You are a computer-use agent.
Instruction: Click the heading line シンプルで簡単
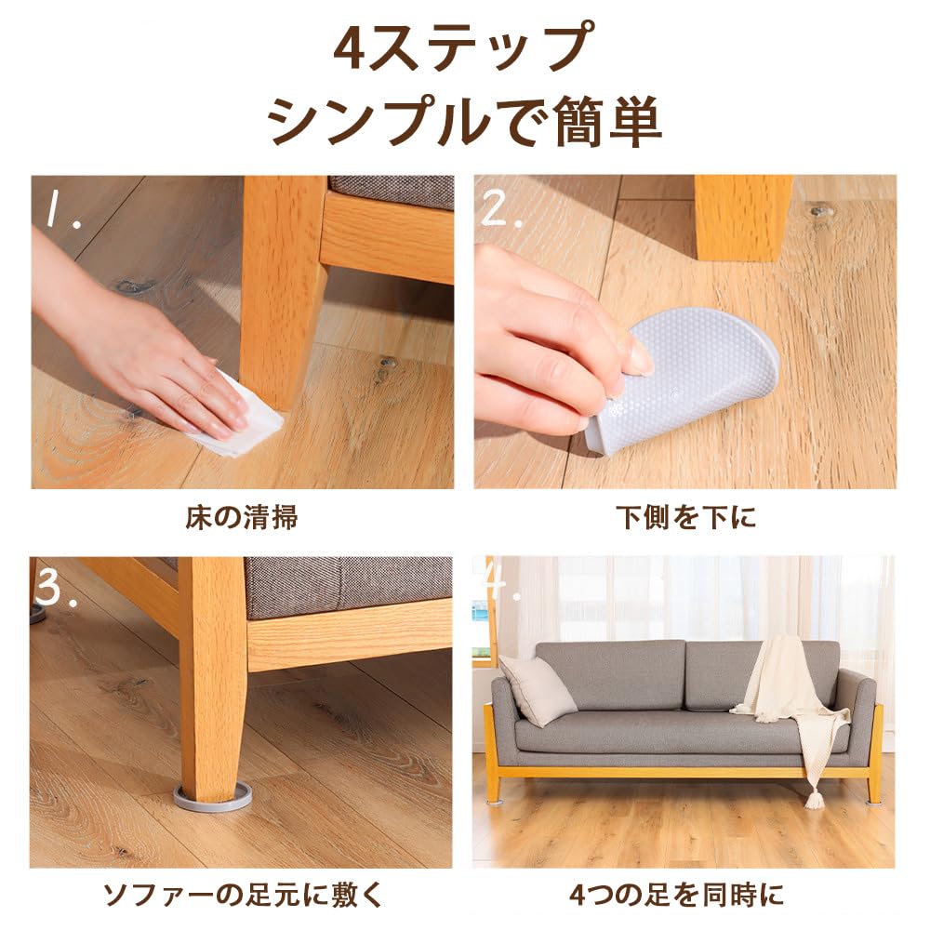(464, 121)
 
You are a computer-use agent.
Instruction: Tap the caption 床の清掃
(242, 517)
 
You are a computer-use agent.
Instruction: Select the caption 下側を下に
(685, 517)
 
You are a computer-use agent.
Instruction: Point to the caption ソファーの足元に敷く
(243, 895)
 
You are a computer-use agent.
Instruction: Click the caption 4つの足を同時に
(677, 895)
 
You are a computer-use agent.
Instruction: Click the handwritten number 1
(60, 210)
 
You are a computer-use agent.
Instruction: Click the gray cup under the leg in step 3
(212, 797)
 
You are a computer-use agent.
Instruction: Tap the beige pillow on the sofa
(538, 689)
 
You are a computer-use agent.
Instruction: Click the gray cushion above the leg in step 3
(349, 586)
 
